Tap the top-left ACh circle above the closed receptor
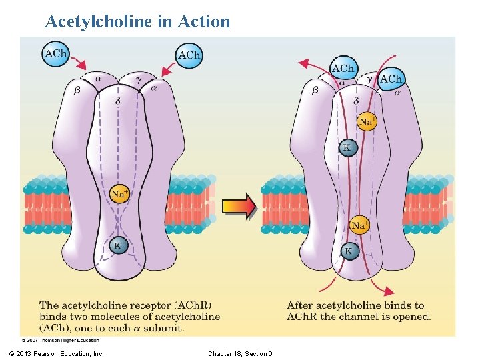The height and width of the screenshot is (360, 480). pyautogui.click(x=56, y=53)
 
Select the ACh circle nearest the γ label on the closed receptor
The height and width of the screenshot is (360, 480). pyautogui.click(x=189, y=55)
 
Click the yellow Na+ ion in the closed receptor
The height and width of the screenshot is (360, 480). pyautogui.click(x=119, y=194)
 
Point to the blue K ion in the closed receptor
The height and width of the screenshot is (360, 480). pyautogui.click(x=118, y=245)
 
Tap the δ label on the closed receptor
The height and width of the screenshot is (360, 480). pyautogui.click(x=119, y=101)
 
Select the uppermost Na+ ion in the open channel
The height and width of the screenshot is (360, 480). pyautogui.click(x=367, y=121)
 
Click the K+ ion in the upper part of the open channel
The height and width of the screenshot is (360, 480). pyautogui.click(x=348, y=147)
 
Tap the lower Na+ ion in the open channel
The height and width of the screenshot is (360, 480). pyautogui.click(x=359, y=225)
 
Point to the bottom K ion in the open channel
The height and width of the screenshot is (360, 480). pyautogui.click(x=348, y=251)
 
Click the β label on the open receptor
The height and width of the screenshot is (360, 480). pyautogui.click(x=315, y=90)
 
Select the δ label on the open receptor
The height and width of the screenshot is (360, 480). pyautogui.click(x=355, y=101)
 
